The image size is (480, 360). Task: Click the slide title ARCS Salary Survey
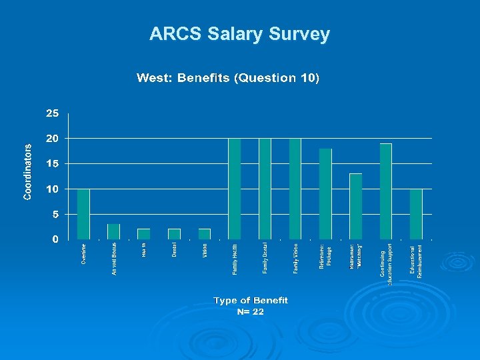[x=239, y=34]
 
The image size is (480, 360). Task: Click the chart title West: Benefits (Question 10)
[x=228, y=78]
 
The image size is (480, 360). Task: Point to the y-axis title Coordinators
[x=28, y=172]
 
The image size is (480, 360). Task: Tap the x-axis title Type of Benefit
[x=251, y=301]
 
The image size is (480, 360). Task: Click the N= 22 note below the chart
[x=251, y=311]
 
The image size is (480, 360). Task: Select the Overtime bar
[x=83, y=214]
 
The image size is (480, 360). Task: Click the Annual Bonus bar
[x=113, y=231]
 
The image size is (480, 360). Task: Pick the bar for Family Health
[x=234, y=189]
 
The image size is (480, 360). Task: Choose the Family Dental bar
[x=265, y=189]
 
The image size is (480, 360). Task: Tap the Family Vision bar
[x=295, y=189]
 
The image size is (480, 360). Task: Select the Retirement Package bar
[x=325, y=194]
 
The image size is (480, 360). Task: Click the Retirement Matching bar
[x=355, y=207]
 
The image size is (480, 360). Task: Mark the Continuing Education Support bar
[x=385, y=191]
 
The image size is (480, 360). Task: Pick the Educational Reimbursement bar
[x=416, y=214]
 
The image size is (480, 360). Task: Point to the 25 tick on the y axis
[x=52, y=113]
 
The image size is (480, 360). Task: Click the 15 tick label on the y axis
[x=52, y=163]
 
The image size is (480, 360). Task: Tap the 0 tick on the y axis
[x=55, y=239]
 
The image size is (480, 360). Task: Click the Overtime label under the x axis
[x=83, y=254]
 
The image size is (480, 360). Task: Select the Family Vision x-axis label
[x=295, y=257]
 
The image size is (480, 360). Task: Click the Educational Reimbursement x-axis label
[x=416, y=261]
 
